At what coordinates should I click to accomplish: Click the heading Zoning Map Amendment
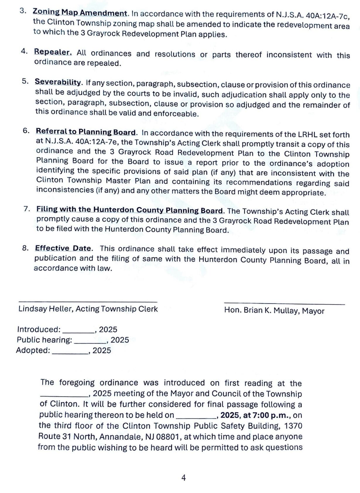[x=80, y=13]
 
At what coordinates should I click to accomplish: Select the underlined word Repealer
[x=53, y=52]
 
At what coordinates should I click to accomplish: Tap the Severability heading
[x=58, y=82]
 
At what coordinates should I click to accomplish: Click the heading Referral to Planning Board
[x=86, y=132]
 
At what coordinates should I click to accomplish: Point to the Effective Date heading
[x=63, y=248]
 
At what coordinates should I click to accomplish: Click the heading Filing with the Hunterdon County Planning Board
[x=129, y=210]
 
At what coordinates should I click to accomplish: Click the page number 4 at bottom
[x=184, y=478]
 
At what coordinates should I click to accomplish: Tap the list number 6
[x=26, y=131]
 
